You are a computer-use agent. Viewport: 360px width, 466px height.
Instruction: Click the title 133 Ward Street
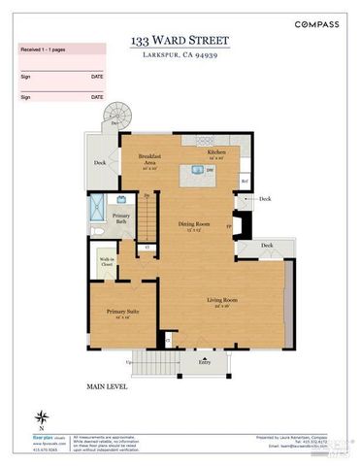(x=180, y=41)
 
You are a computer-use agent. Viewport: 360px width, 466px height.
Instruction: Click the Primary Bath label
(x=121, y=218)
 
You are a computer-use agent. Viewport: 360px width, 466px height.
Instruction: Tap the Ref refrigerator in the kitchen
(x=245, y=182)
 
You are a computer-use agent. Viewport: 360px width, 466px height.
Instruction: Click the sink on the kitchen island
(x=197, y=171)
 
